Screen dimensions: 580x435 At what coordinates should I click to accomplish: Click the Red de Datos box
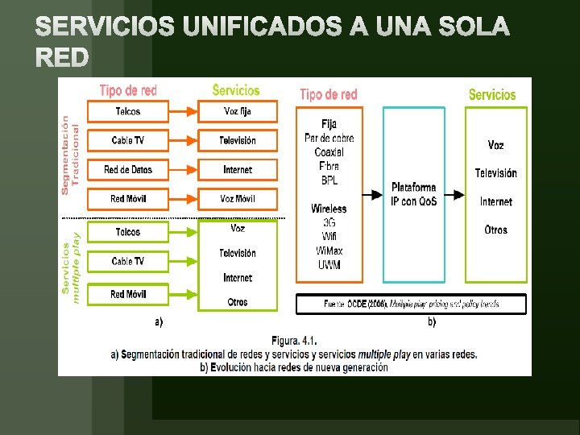pos(127,170)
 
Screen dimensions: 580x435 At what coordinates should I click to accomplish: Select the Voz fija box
pos(237,111)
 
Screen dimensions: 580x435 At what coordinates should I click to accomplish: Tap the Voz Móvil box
pos(237,199)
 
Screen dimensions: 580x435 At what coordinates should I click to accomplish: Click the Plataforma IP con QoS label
pos(413,194)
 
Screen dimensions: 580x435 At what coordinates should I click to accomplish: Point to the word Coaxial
pos(329,151)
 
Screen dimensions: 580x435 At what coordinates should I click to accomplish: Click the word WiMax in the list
pos(329,251)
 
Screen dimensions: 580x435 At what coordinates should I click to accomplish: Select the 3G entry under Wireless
pos(329,222)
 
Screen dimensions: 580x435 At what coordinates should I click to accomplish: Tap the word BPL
pos(329,180)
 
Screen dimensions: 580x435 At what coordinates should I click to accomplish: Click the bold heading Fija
pos(329,124)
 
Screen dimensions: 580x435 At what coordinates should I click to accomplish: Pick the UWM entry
pos(329,265)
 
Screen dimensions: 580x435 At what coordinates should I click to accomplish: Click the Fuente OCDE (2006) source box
pos(412,304)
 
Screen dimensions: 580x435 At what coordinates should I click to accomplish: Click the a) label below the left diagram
pos(158,322)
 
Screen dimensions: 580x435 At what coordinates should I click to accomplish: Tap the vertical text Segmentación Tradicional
pos(70,153)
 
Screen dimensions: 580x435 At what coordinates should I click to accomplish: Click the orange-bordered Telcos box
pos(127,111)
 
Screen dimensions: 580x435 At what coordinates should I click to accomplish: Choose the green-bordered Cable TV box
pos(127,262)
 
